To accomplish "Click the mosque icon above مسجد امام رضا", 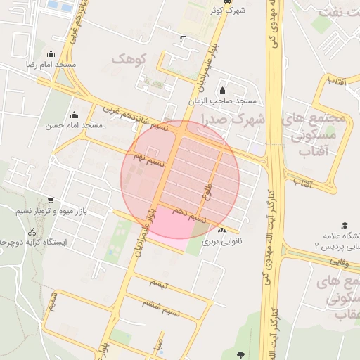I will tap(50, 54).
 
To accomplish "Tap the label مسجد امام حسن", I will tap(74, 125).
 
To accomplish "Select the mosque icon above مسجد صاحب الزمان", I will tap(223, 90).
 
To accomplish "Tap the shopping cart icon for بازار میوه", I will tap(50, 200).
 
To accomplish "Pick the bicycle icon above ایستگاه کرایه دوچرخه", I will tap(32, 231).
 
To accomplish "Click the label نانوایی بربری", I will tap(221, 240).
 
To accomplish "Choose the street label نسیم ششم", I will tap(162, 307).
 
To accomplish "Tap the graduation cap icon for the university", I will tap(345, 225).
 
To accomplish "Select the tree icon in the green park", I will tap(243, 354).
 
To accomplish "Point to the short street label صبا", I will tap(160, 345).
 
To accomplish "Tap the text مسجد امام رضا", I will tap(51, 65).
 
